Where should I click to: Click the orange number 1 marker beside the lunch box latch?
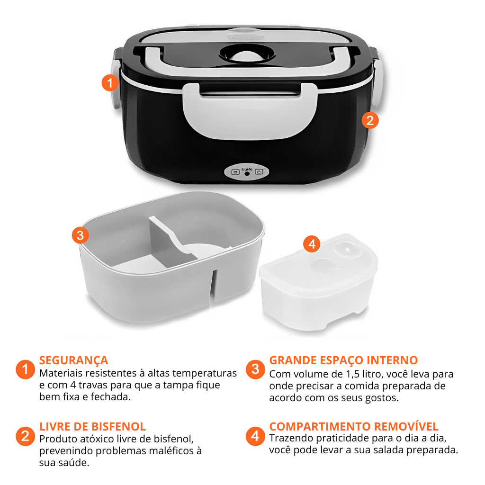110,82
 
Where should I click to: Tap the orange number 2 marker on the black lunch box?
370,120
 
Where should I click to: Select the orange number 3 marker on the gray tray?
81,235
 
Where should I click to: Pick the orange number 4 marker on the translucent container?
312,244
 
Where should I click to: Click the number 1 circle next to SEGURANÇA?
26,369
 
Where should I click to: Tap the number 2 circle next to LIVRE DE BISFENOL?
26,436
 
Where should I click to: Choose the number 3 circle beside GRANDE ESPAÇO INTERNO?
255,369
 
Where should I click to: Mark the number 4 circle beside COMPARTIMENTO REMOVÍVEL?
255,436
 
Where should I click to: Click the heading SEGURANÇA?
73,360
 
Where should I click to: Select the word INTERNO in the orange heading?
392,360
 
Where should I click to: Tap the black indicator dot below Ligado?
247,174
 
